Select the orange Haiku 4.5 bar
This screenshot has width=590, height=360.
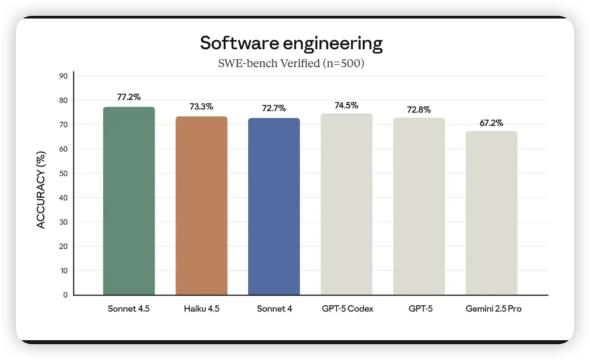(201, 206)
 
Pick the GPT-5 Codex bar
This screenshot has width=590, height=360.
(346, 204)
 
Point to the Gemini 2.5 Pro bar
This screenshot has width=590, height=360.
(491, 213)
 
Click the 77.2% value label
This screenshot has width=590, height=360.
(128, 97)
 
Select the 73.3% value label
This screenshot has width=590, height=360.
(201, 107)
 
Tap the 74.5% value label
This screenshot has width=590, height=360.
(346, 105)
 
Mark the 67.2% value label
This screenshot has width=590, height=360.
(491, 123)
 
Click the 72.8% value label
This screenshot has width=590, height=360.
(419, 109)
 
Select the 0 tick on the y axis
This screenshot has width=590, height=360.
(65, 295)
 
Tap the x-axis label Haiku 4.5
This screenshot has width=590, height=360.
(201, 309)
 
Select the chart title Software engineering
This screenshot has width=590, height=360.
(291, 44)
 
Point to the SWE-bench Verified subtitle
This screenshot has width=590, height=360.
(291, 63)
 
